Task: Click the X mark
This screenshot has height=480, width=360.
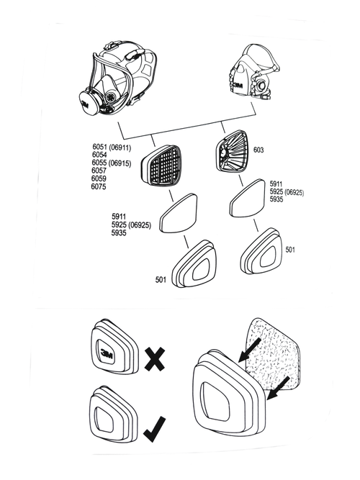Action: [153, 358]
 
